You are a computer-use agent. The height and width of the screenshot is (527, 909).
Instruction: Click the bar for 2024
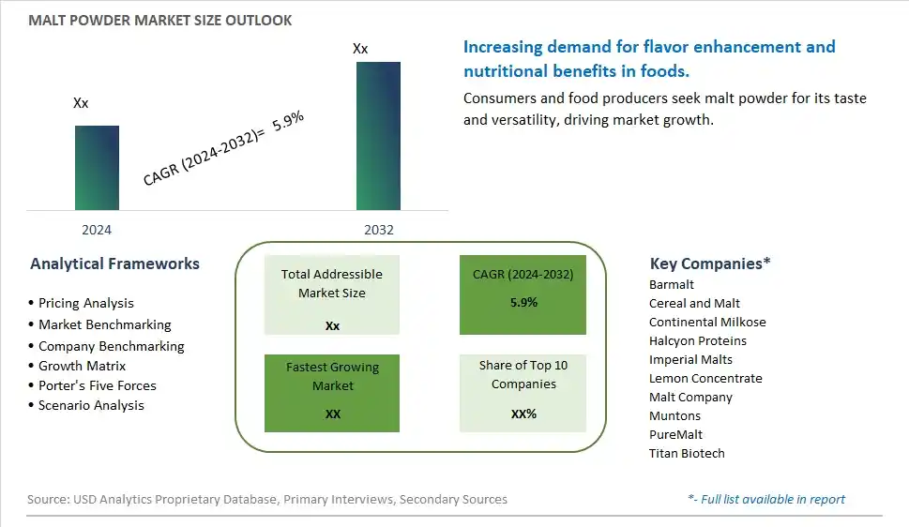(97, 168)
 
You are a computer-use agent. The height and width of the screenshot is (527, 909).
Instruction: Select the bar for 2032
(378, 136)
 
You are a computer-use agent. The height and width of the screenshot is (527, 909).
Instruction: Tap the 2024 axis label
(97, 230)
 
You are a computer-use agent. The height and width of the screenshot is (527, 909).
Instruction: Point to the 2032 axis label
(379, 230)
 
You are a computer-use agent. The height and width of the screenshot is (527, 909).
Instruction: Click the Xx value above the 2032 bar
(360, 49)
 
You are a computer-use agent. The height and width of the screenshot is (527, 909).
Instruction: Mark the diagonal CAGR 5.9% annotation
(223, 148)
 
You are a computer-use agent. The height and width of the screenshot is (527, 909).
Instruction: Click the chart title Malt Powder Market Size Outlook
(160, 21)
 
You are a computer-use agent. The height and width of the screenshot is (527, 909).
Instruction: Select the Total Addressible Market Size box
(331, 294)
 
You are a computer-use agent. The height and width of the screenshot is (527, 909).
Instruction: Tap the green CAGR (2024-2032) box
(523, 294)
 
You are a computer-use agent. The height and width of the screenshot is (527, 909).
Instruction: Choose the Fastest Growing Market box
(331, 393)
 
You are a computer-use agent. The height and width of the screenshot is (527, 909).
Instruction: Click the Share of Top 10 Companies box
(523, 393)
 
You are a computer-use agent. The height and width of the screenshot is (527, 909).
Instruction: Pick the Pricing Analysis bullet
(82, 303)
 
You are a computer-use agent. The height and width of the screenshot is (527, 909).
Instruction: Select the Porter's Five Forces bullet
(92, 385)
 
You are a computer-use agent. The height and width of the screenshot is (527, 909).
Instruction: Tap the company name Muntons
(674, 415)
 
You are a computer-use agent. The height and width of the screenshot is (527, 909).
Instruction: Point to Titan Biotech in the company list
(687, 453)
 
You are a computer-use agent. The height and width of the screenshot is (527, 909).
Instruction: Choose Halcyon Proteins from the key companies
(698, 341)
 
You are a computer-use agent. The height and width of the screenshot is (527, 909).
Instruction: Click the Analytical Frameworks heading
(114, 263)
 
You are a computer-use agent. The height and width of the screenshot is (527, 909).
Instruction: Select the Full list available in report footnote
(766, 499)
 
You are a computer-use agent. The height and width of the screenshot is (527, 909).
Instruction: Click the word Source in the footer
(48, 499)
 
